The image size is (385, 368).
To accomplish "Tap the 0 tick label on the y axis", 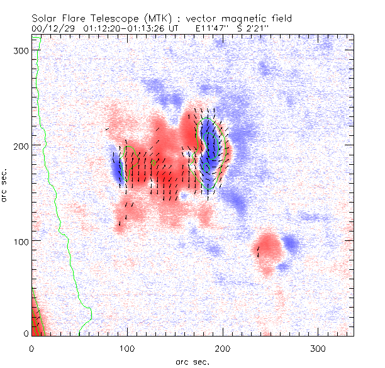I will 26,333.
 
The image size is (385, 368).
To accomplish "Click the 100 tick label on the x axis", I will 127,348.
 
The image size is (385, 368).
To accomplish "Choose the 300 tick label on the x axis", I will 318,348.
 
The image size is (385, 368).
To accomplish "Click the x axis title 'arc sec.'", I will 192,361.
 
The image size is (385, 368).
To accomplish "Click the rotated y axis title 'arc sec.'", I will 7,185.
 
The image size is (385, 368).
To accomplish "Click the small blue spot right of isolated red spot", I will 291,242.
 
